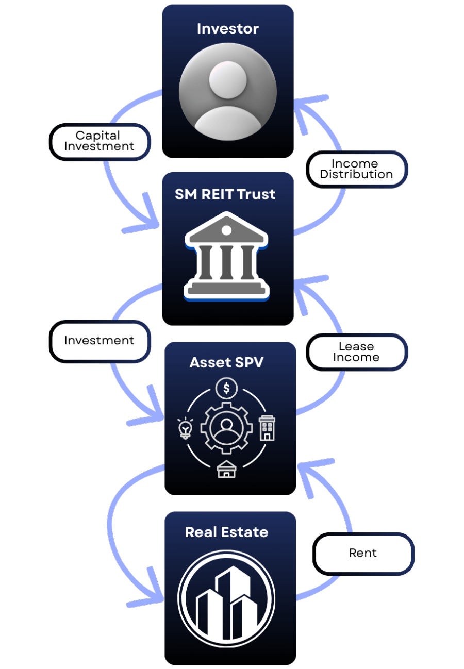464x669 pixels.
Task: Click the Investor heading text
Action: tap(228, 29)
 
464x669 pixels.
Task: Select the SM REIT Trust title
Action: tap(225, 194)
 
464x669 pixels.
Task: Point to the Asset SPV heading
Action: tap(226, 362)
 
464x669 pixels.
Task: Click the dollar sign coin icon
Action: tap(226, 388)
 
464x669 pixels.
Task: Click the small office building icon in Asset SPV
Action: tap(267, 428)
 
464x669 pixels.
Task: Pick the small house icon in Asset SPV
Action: tap(226, 470)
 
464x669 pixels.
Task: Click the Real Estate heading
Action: tap(226, 532)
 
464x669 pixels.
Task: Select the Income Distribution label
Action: tap(356, 169)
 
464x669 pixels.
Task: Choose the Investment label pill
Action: tap(99, 341)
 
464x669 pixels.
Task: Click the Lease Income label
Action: tap(356, 352)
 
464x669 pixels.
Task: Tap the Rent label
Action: tap(363, 553)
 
